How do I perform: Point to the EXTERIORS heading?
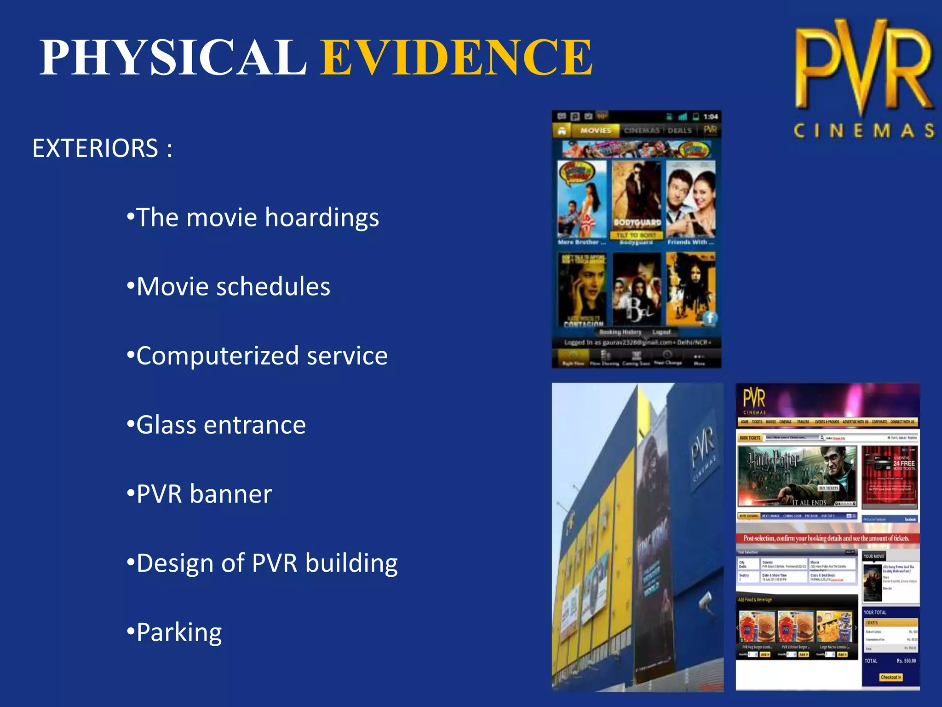pyautogui.click(x=102, y=148)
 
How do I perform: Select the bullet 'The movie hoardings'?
pyautogui.click(x=258, y=217)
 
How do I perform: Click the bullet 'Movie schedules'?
pyautogui.click(x=233, y=286)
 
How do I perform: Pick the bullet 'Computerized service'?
pyautogui.click(x=262, y=355)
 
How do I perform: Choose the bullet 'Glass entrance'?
pyautogui.click(x=221, y=424)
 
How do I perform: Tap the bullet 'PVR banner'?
pyautogui.click(x=204, y=494)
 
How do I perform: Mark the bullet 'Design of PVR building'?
pyautogui.click(x=267, y=563)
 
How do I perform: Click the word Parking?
pyautogui.click(x=179, y=632)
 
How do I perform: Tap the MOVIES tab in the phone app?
pyautogui.click(x=595, y=131)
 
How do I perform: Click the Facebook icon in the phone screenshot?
pyautogui.click(x=710, y=317)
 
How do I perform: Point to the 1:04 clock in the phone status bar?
pyautogui.click(x=710, y=117)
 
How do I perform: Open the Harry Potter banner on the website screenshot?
pyautogui.click(x=797, y=475)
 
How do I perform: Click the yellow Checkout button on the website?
pyautogui.click(x=890, y=677)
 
